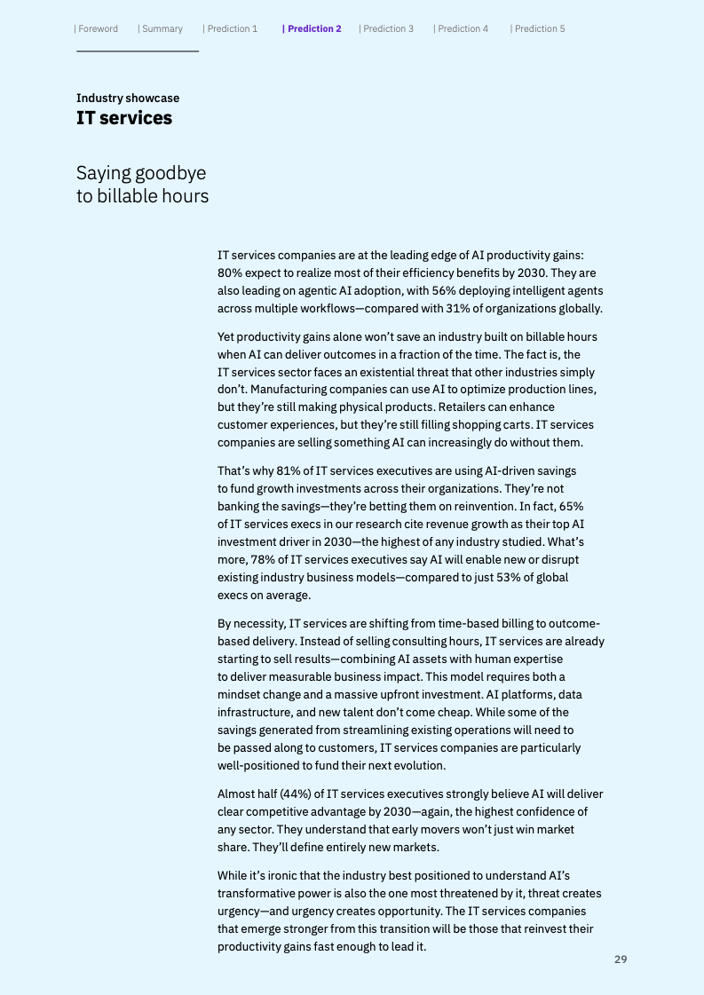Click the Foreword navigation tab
pos(98,29)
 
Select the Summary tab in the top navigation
pos(162,29)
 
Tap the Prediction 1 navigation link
pos(231,29)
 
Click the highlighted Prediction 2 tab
pos(312,29)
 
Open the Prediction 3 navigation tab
pos(387,29)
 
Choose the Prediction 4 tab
pos(462,29)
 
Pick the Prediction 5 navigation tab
pos(538,29)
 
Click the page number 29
pos(621,959)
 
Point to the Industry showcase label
pos(128,99)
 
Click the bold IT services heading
pos(124,119)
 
